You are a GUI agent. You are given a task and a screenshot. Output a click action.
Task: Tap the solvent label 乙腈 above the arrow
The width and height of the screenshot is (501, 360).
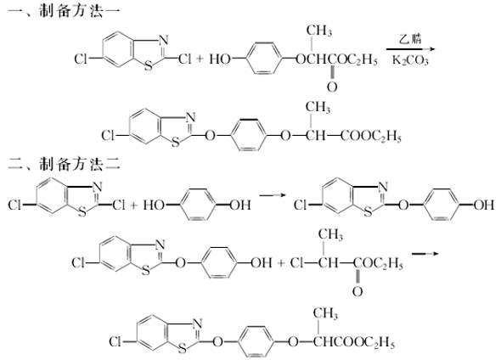(x=410, y=39)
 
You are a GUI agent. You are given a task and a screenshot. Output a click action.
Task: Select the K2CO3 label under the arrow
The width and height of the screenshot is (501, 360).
(x=410, y=60)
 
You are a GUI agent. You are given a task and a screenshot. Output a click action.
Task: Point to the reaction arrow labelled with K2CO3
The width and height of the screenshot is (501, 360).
(x=411, y=49)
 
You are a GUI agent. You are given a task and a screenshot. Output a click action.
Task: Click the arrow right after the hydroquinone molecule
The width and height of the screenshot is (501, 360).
(x=272, y=194)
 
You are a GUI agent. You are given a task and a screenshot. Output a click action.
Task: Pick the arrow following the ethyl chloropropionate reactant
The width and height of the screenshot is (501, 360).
(x=425, y=254)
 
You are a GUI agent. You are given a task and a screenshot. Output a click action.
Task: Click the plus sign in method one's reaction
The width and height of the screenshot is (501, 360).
(x=200, y=59)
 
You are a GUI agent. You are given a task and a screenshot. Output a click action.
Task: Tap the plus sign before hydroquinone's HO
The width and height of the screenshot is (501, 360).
(x=133, y=205)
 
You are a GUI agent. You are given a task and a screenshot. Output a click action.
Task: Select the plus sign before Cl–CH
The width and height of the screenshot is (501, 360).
(x=281, y=263)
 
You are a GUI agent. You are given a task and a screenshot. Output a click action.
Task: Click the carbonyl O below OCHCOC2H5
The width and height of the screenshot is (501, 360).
(x=332, y=87)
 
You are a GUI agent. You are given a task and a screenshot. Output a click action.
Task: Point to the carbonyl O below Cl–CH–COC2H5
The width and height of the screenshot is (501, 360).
(x=357, y=291)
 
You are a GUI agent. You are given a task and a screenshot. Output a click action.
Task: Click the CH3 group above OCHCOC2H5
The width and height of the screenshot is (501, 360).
(x=319, y=31)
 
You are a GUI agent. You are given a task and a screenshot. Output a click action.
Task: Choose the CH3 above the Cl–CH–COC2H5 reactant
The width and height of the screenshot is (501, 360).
(x=330, y=235)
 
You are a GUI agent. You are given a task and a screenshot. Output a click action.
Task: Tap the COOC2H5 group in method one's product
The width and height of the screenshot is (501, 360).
(x=370, y=137)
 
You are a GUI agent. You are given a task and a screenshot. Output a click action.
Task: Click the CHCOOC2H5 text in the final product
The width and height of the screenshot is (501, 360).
(x=354, y=342)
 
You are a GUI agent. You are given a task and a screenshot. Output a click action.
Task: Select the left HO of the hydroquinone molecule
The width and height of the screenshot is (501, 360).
(x=154, y=205)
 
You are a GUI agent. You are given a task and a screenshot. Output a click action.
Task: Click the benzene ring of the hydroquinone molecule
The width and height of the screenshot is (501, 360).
(x=198, y=205)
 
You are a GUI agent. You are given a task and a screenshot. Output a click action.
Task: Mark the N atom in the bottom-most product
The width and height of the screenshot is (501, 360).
(x=198, y=323)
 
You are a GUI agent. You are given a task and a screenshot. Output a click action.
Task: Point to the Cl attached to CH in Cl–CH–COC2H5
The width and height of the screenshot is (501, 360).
(x=296, y=263)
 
